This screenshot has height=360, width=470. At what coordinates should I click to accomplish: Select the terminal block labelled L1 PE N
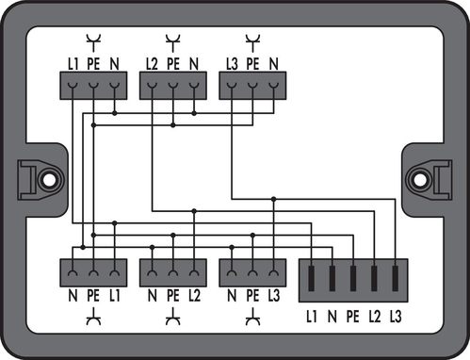(x=92, y=88)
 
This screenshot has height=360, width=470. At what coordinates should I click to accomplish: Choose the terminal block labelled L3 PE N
(x=251, y=88)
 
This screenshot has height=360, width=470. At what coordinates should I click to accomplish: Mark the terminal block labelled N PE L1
(x=92, y=273)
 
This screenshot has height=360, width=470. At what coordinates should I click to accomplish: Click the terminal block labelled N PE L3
(x=251, y=273)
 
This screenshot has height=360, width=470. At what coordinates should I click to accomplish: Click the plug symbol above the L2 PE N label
(x=172, y=41)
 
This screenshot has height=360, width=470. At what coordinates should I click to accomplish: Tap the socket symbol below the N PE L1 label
(x=92, y=319)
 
